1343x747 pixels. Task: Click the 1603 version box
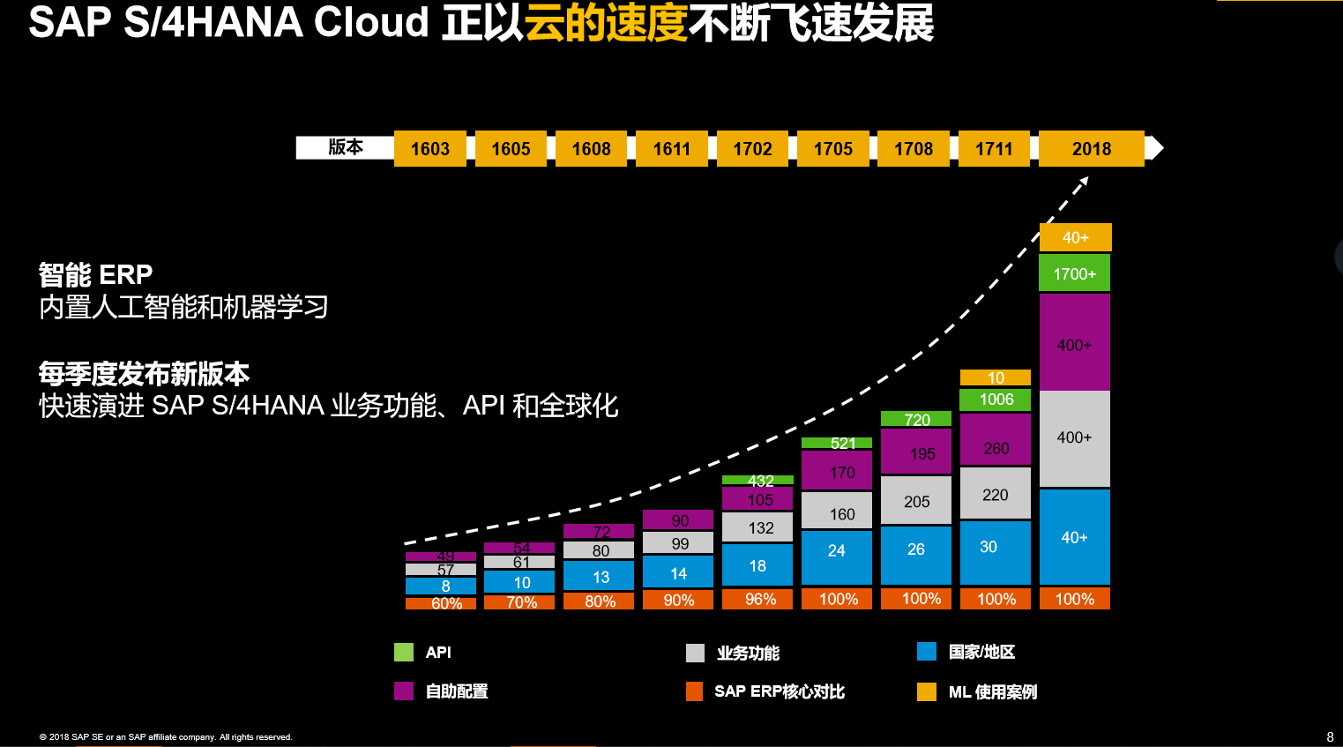tap(429, 148)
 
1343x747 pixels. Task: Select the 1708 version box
tap(914, 148)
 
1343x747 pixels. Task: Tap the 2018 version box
tap(1091, 148)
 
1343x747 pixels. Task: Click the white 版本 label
tap(345, 147)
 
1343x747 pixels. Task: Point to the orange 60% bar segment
tap(440, 603)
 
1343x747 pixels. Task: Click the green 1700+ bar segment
tap(1074, 273)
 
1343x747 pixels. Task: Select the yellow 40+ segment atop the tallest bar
tap(1075, 237)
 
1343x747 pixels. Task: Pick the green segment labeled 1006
tap(996, 400)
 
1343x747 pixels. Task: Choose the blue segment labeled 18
tap(757, 565)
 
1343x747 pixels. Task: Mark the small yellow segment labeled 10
tap(996, 377)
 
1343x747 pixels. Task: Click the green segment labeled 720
tap(916, 419)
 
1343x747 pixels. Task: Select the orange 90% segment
tap(678, 600)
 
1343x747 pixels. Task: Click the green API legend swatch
tap(404, 652)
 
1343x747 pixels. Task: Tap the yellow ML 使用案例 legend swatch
tap(927, 691)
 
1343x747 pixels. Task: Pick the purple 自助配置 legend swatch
tap(404, 691)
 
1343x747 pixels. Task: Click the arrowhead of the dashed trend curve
tap(1084, 181)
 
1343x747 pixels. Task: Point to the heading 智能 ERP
tap(95, 275)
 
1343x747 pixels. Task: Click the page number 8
tap(1330, 736)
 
